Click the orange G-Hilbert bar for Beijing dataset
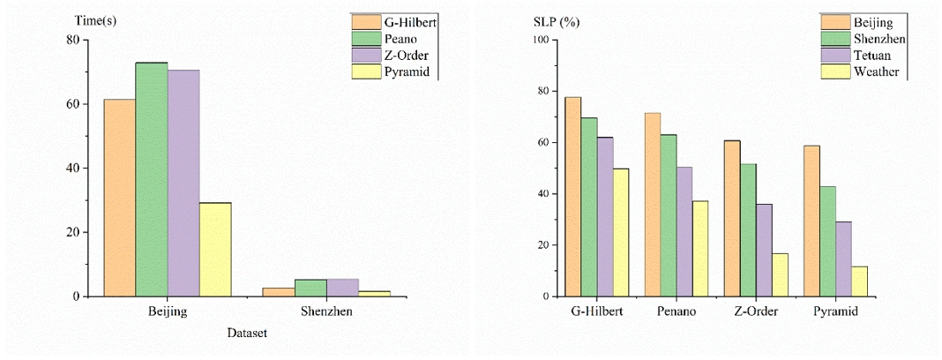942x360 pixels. pos(120,198)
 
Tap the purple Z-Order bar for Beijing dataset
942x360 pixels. pos(183,183)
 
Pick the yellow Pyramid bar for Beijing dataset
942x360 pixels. pos(215,250)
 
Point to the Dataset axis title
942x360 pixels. pos(247,333)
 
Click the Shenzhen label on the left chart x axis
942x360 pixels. pos(326,311)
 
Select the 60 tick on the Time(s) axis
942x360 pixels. pos(80,104)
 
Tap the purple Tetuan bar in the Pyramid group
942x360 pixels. pos(843,259)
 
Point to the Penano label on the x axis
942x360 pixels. pos(677,311)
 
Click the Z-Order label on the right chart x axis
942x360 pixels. pos(756,311)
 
